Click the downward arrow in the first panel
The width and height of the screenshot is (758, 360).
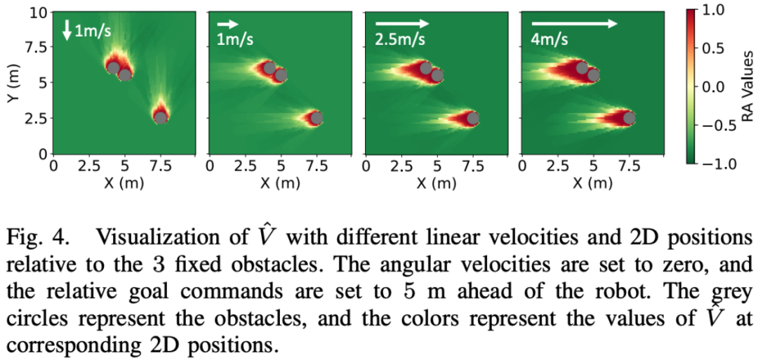coord(67,29)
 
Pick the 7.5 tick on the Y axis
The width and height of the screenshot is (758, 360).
coord(36,48)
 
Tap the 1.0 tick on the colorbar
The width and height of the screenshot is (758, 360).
coord(720,11)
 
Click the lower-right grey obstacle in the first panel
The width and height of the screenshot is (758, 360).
coord(161,117)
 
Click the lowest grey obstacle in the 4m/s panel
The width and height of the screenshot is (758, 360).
coord(629,117)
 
